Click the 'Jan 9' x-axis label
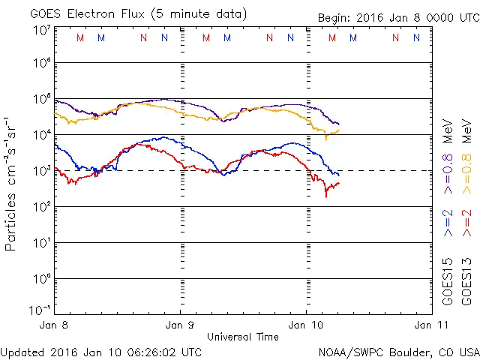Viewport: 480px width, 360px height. coord(180,325)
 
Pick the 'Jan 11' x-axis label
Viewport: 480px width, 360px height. coord(424,325)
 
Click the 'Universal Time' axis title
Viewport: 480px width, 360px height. coord(243,337)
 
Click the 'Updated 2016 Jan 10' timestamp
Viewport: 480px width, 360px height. coord(101,352)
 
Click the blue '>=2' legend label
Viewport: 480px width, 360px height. coord(448,223)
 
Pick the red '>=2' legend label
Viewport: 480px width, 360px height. coord(466,223)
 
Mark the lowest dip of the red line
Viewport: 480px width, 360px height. coord(326,196)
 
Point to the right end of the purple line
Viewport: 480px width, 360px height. coord(339,124)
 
